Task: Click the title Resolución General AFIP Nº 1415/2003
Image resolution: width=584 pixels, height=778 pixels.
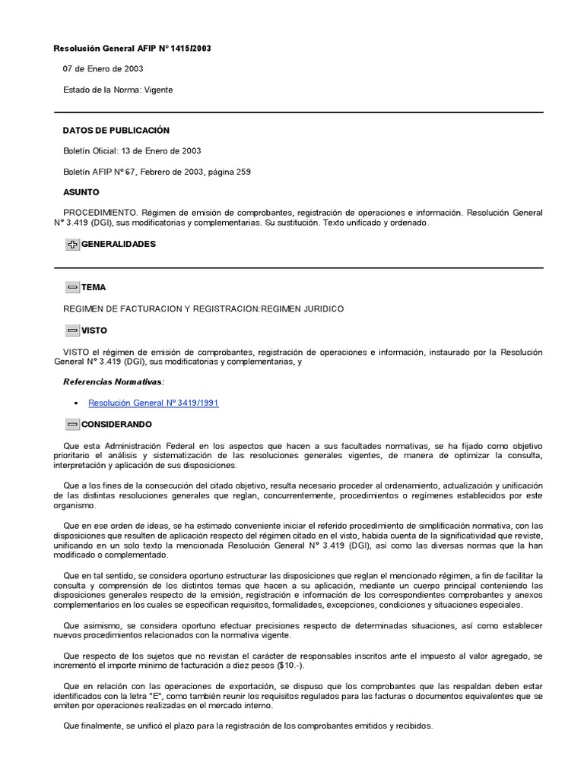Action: pos(132,49)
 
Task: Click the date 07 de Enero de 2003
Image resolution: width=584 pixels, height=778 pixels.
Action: pos(103,69)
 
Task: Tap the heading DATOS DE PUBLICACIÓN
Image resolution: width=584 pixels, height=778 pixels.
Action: pos(116,131)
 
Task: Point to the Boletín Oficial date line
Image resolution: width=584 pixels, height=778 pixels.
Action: pos(132,151)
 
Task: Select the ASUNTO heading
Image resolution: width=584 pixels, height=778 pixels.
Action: pos(81,192)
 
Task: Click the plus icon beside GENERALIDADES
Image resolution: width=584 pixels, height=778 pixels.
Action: pos(72,245)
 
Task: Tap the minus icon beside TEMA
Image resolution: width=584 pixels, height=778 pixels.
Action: pos(72,288)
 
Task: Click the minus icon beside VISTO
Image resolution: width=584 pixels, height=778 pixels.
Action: pos(72,331)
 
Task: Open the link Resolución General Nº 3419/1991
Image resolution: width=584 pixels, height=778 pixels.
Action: pos(154,403)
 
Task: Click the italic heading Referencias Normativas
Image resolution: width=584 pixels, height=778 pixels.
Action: pos(113,381)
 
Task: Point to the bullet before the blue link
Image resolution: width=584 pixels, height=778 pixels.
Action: pos(78,403)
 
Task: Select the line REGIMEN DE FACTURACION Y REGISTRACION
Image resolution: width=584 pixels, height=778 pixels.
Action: pos(203,309)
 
